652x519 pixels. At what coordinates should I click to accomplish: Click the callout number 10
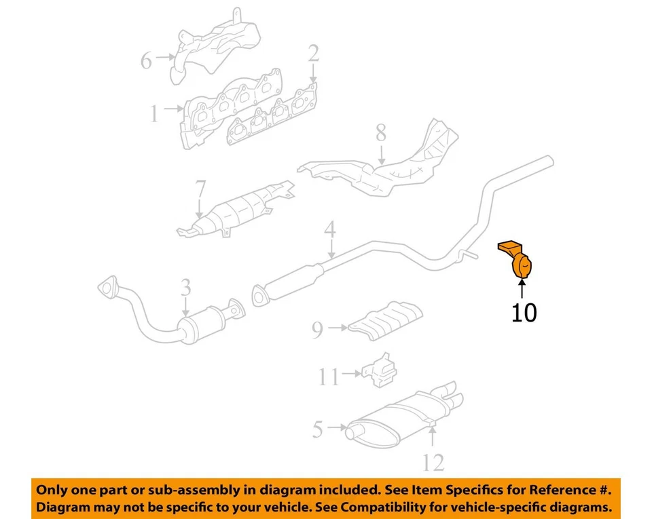point(524,313)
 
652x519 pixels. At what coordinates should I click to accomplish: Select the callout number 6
point(146,61)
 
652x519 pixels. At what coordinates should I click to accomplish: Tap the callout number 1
point(154,113)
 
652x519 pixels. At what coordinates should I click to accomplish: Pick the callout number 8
point(380,133)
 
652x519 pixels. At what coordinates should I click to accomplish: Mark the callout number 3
point(185,289)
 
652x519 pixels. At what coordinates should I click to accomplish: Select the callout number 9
point(318,330)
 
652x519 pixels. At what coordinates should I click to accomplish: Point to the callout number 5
point(318,429)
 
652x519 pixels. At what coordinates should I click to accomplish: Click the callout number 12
point(433,463)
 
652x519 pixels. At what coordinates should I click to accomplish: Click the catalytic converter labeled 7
point(238,208)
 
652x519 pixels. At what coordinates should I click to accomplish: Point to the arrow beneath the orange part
point(521,290)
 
